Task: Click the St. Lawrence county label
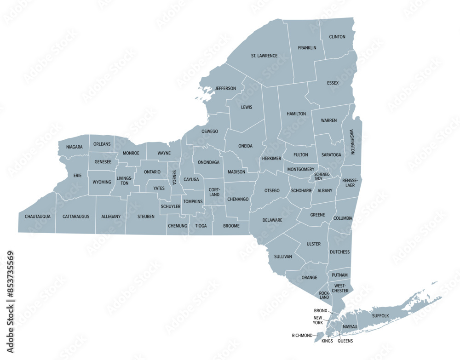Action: tap(264, 56)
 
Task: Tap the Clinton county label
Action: tap(337, 37)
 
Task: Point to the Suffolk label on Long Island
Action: tap(380, 316)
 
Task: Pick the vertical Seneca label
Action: tap(174, 177)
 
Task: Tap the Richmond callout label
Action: tap(302, 336)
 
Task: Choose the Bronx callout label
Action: tap(321, 311)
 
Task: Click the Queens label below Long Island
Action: tap(345, 342)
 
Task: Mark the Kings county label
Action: tap(327, 342)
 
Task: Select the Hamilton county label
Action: tap(296, 114)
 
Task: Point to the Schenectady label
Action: tap(322, 177)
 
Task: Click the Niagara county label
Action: tap(74, 147)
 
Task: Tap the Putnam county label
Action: tap(339, 275)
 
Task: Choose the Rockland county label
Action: tap(324, 295)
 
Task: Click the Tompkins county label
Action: tap(193, 201)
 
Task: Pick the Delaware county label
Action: tap(272, 220)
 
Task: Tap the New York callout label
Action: tap(318, 320)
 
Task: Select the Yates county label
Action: tap(159, 189)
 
